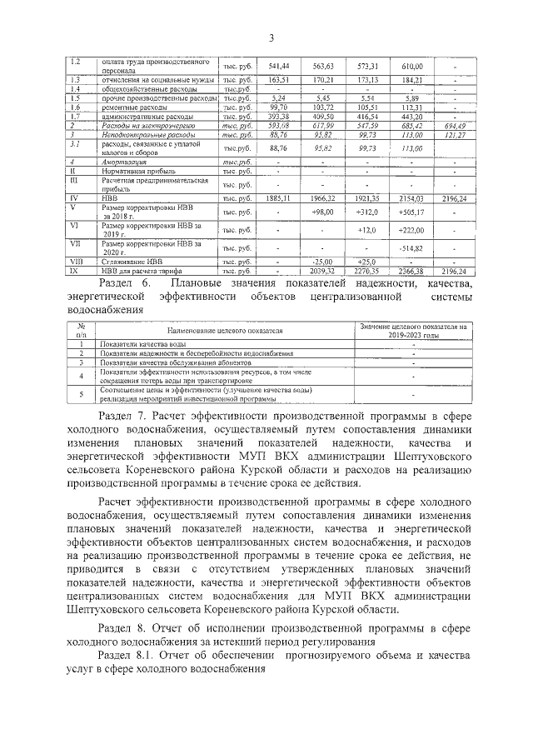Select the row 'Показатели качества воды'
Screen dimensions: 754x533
142,344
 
